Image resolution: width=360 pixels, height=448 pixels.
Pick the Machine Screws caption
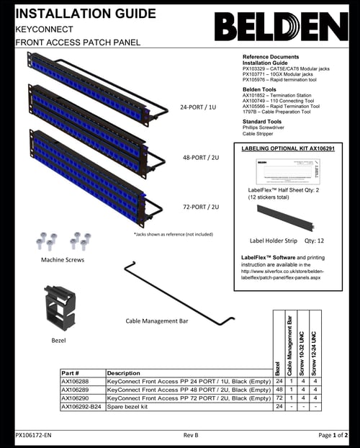coord(63,259)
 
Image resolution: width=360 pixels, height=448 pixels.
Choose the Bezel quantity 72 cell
coord(279,398)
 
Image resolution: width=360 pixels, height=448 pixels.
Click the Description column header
coord(123,372)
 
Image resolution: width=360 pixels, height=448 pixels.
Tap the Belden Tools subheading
coord(259,89)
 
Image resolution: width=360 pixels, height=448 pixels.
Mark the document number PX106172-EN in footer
coord(34,436)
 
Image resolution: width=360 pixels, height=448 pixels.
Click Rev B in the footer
coord(191,436)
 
